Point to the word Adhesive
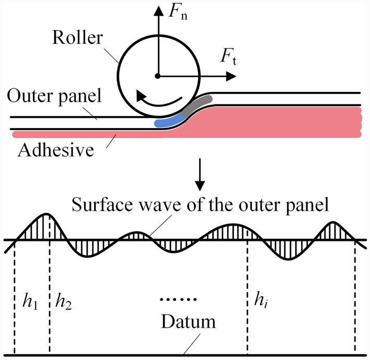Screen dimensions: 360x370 point(55,150)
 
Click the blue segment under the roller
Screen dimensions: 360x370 point(168,122)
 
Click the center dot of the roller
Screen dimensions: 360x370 point(158,76)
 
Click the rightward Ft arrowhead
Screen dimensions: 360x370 point(230,76)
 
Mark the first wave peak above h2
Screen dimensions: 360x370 point(47,214)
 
